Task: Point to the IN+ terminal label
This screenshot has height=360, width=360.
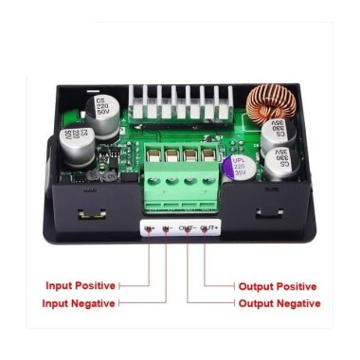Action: click(150, 227)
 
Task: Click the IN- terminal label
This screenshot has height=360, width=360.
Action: click(168, 227)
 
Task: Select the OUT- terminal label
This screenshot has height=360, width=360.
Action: click(188, 227)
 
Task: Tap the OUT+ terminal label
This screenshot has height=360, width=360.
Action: click(209, 227)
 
